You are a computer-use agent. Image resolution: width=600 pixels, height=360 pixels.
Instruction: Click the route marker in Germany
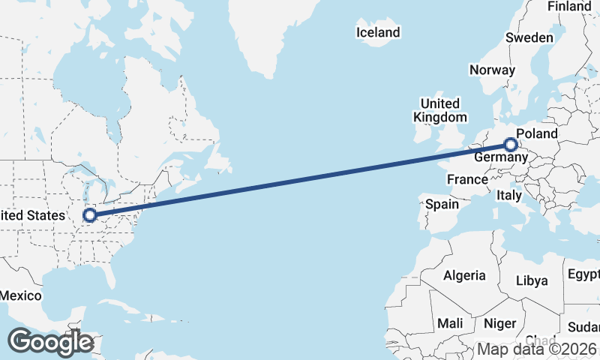click(x=511, y=144)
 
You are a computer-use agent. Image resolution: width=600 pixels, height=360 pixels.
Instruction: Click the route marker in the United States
click(x=90, y=215)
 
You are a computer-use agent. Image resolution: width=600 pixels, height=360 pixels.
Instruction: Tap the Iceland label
click(x=378, y=32)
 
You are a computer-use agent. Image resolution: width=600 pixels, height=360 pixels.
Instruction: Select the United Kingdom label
click(x=440, y=109)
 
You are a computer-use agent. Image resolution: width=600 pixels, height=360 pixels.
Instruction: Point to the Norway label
click(x=492, y=70)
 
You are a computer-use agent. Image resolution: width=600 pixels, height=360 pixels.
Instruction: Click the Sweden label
click(x=529, y=37)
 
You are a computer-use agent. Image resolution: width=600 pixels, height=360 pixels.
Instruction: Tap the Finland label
click(x=569, y=6)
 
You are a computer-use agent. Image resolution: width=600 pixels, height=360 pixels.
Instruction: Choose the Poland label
click(x=537, y=133)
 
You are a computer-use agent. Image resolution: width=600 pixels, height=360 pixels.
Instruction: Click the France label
click(x=467, y=179)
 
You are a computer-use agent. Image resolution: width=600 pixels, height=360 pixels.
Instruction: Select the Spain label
click(x=442, y=204)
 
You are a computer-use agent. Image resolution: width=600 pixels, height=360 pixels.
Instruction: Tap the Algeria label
click(x=464, y=275)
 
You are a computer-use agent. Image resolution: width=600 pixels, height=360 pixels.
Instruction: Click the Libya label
click(x=532, y=280)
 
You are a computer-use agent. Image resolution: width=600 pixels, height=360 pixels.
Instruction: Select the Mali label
click(x=451, y=323)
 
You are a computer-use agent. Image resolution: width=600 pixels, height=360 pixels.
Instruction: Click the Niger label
click(x=500, y=323)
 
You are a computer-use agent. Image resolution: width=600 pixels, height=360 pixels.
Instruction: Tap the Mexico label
click(x=20, y=295)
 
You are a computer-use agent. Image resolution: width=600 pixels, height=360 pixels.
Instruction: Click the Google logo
click(x=50, y=341)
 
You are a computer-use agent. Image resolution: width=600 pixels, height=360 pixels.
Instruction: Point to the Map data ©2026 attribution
click(x=537, y=349)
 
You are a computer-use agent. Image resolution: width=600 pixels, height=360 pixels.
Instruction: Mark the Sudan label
click(x=584, y=327)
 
